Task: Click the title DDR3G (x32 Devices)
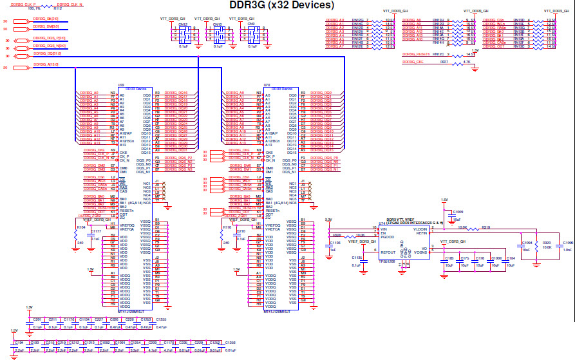(x=282, y=6)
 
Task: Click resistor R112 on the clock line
(x=57, y=9)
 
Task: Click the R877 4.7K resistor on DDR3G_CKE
(x=444, y=62)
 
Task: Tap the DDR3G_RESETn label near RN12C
(x=415, y=54)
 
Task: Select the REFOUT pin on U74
(x=388, y=253)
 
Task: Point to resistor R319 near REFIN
(x=485, y=227)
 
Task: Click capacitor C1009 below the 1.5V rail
(x=458, y=213)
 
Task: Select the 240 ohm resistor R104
(x=80, y=228)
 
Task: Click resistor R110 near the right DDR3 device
(x=226, y=228)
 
